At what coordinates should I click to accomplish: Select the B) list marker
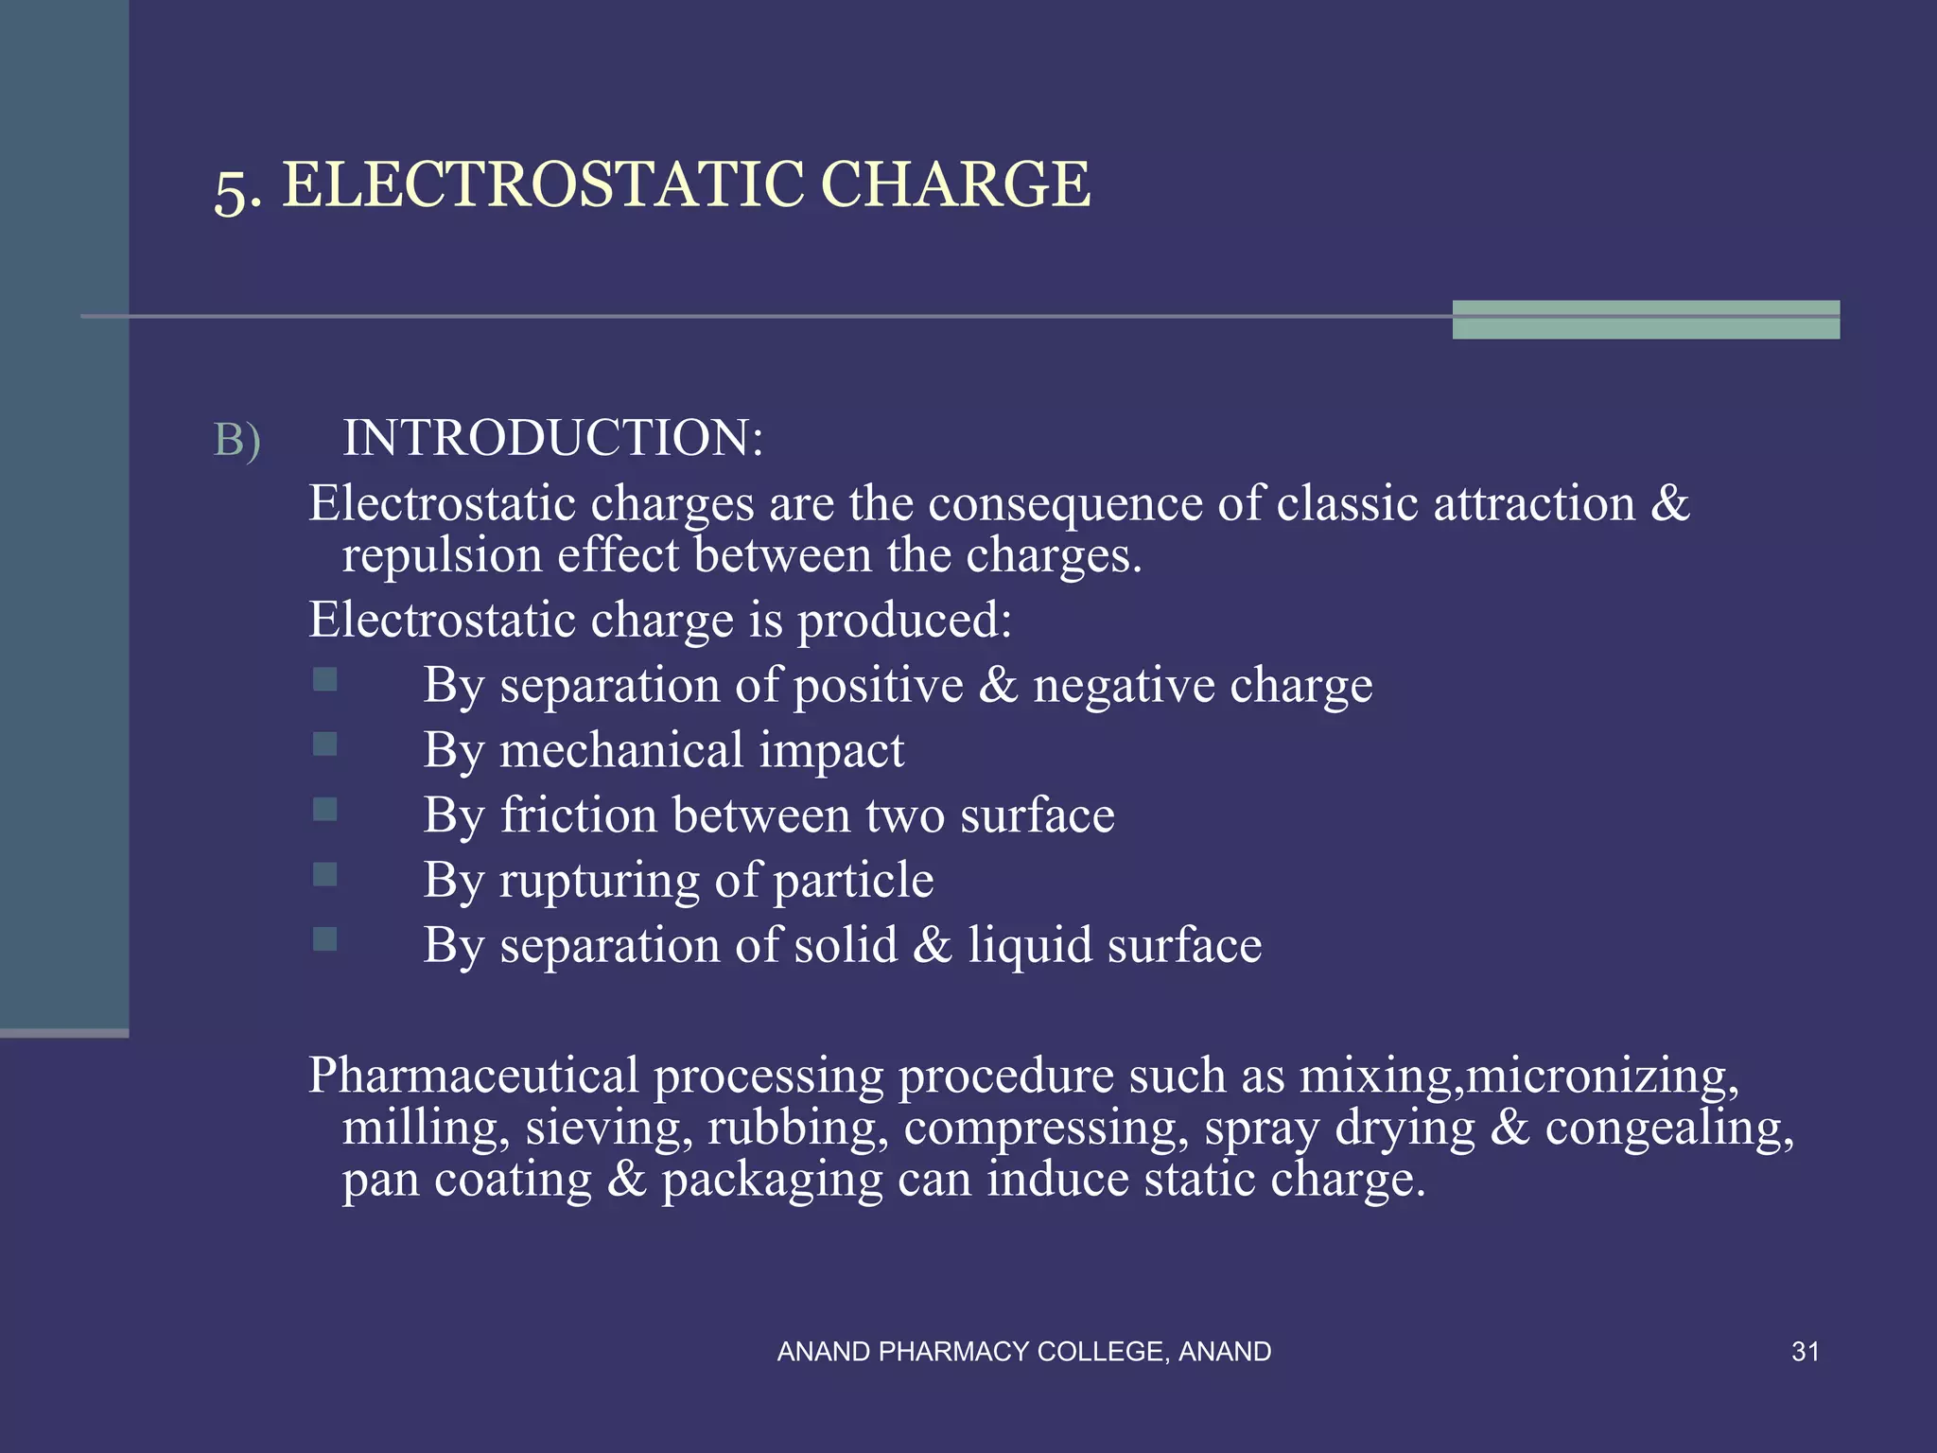tap(236, 441)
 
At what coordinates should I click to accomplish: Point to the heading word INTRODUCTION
tap(551, 439)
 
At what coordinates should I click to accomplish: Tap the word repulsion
tap(442, 555)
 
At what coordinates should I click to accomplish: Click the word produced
tap(903, 621)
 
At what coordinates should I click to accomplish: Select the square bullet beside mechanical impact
tap(324, 744)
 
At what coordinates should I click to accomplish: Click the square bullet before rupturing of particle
tap(324, 874)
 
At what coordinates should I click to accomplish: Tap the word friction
tap(578, 815)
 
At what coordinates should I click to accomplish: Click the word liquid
tap(1029, 945)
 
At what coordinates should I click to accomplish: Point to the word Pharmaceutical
tap(474, 1076)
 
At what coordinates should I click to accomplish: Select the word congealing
tap(1668, 1129)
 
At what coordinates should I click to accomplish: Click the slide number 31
tap(1805, 1352)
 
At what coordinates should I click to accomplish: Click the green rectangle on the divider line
tap(1646, 320)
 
